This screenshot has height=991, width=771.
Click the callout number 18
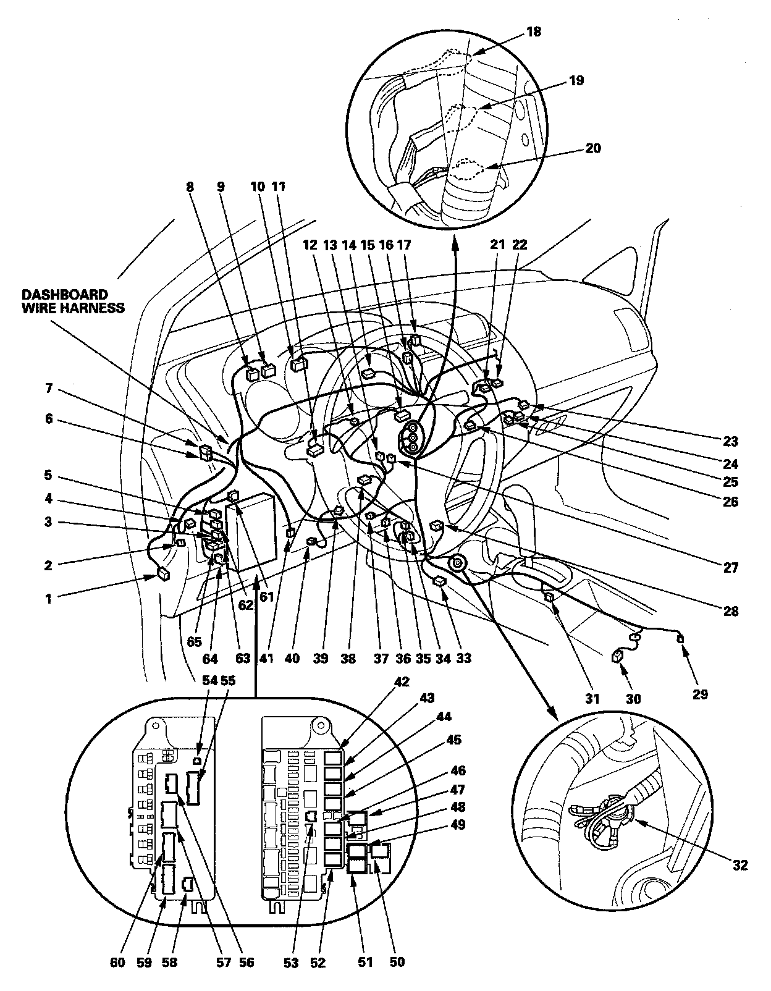tap(533, 32)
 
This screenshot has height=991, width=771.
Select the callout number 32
tap(741, 865)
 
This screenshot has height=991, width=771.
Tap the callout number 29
tap(699, 694)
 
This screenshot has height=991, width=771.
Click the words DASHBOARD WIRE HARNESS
tap(74, 301)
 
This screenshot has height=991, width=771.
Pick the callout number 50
tap(398, 962)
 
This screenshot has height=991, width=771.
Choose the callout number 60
tap(118, 962)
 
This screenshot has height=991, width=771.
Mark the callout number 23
tap(731, 442)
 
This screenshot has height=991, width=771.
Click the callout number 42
tap(402, 682)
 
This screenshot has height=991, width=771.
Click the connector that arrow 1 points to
tap(164, 573)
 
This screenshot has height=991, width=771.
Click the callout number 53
tap(291, 962)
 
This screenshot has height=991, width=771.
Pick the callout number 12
tap(310, 245)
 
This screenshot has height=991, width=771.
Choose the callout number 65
tap(194, 641)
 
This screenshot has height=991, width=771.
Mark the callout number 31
tap(592, 699)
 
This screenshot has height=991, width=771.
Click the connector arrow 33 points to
tap(440, 580)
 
